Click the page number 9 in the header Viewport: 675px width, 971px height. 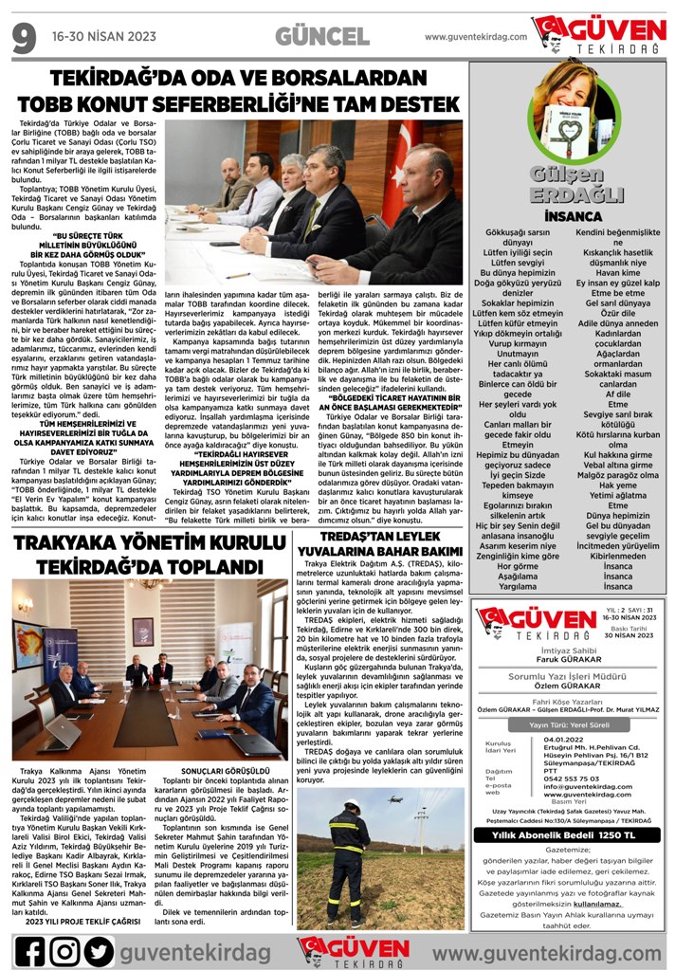[x=24, y=38]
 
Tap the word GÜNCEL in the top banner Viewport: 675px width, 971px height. [x=322, y=37]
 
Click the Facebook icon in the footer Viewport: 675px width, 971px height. [x=29, y=950]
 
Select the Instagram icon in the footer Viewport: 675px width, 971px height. [x=64, y=950]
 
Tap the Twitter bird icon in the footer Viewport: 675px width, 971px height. [x=98, y=950]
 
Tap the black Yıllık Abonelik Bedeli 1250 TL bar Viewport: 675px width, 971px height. [x=570, y=834]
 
